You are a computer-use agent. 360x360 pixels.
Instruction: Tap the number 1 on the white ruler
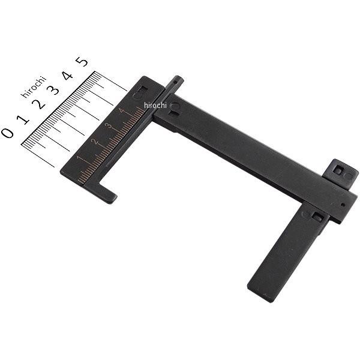[23, 118]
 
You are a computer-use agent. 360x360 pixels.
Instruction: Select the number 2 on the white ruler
[38, 103]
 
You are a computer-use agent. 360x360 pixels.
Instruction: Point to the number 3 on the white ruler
[53, 89]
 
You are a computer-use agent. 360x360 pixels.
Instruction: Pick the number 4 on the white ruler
[67, 76]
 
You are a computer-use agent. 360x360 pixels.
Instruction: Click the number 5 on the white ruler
[82, 61]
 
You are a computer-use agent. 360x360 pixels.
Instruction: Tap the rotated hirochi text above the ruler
[34, 86]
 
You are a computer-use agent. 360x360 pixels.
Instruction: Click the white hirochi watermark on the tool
[155, 105]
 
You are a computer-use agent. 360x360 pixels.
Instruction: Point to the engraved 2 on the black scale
[94, 142]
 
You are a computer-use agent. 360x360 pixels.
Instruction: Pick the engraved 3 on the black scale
[108, 126]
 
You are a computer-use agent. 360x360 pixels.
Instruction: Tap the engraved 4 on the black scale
[122, 110]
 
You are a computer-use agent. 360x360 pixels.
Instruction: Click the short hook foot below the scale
[108, 195]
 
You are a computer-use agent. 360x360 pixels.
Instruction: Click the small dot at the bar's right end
[342, 204]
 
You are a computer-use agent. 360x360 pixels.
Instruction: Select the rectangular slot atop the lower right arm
[317, 217]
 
